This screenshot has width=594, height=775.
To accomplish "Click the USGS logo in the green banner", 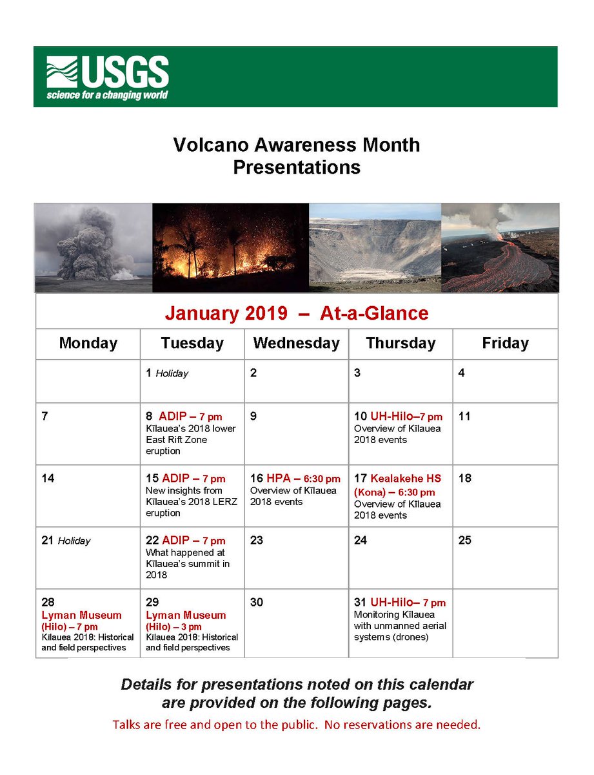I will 107,77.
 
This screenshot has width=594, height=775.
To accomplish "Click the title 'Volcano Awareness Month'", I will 296,145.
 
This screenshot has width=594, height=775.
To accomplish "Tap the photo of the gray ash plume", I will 94,248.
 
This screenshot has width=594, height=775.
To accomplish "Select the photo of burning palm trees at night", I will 230,248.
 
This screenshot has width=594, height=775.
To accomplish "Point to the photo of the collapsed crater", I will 375,248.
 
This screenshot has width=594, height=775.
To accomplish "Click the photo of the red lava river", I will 500,248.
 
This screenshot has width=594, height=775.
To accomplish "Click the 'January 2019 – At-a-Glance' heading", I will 296,313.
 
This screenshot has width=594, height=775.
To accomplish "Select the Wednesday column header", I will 296,343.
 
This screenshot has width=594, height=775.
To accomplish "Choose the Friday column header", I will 505,343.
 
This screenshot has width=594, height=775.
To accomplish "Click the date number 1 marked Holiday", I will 149,373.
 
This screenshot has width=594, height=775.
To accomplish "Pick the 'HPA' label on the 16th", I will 278,479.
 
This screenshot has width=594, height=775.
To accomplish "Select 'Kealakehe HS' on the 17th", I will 406,479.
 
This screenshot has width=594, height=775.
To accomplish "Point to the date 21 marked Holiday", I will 47,541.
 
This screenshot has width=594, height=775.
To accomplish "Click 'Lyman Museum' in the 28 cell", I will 81,615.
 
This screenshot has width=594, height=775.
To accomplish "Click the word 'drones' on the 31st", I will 411,637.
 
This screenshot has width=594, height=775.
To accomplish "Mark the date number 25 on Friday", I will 465,540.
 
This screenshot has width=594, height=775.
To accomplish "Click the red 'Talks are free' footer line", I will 296,725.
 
